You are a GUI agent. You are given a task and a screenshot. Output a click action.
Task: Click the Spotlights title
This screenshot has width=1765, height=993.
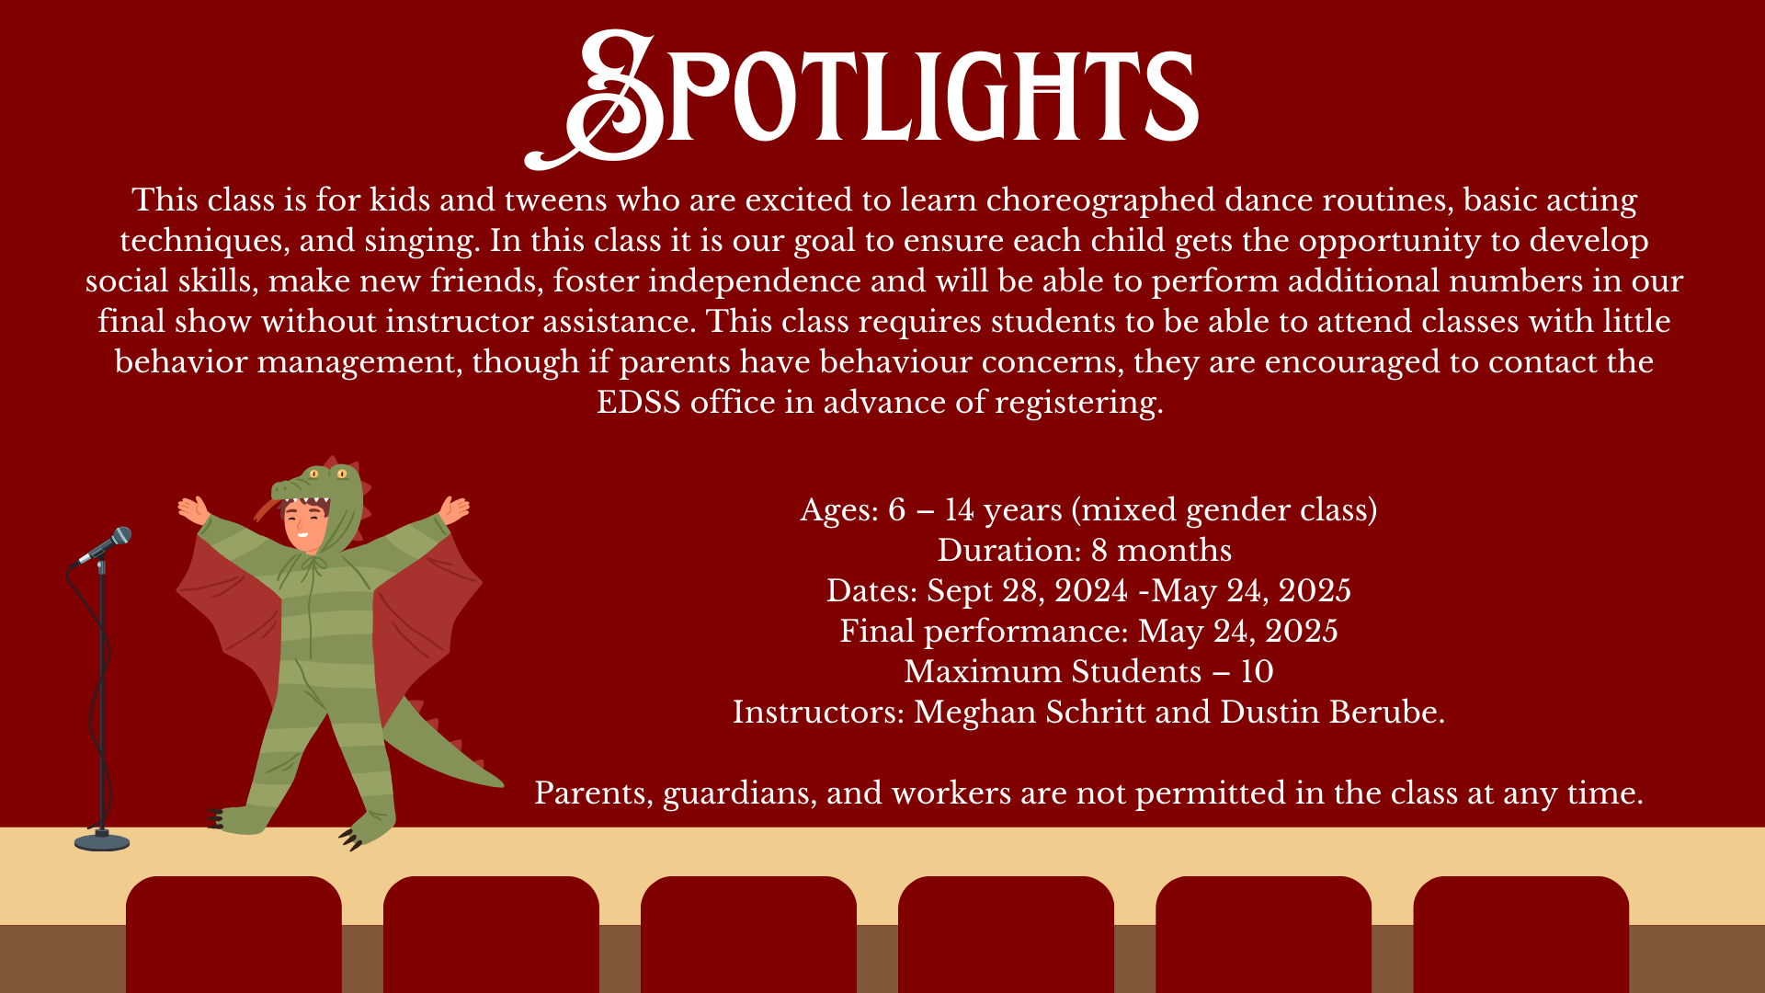pos(861,98)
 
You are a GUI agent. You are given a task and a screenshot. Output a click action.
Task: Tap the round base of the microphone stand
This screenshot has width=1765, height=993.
pos(102,840)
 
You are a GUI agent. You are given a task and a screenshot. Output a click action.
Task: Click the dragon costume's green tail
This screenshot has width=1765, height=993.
pos(441,745)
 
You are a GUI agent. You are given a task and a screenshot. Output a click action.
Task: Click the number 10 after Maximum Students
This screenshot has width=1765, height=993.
pos(1257,672)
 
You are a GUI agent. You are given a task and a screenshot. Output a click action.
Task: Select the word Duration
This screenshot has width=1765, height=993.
pos(1009,551)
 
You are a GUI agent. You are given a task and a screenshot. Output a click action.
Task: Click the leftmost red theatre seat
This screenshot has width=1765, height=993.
pos(233,934)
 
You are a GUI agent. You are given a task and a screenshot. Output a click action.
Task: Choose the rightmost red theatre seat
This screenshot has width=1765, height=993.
pos(1521,934)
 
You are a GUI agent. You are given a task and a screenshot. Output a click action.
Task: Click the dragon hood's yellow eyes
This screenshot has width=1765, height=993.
pos(328,474)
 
